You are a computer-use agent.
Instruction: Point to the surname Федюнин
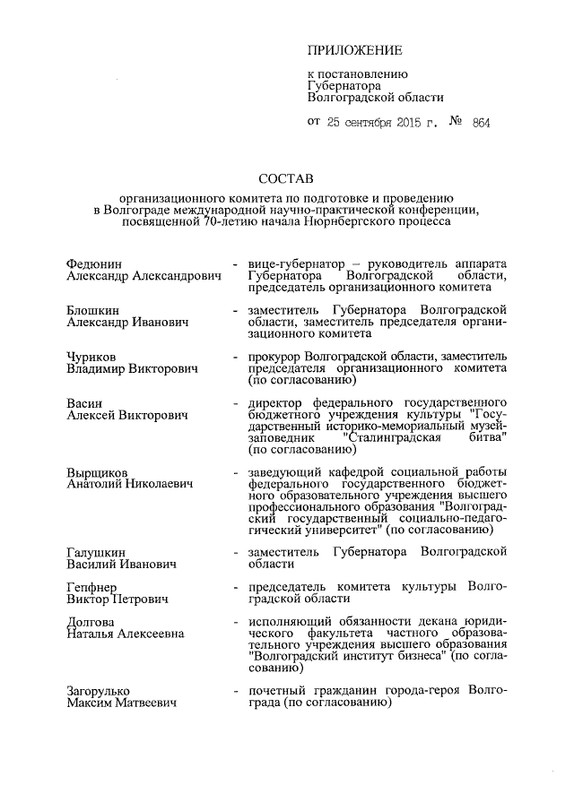94,265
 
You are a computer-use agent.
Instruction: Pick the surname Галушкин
95,552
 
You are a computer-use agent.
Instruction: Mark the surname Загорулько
99,692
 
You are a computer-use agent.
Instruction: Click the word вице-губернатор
289,265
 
